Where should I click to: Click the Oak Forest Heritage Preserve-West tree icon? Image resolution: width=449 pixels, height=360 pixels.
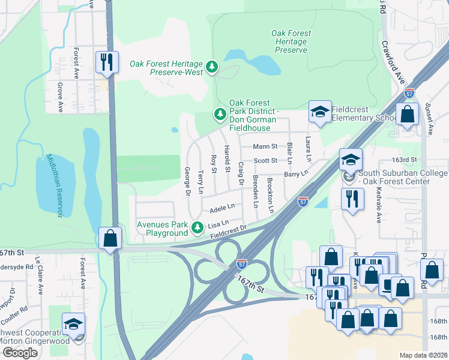(211, 67)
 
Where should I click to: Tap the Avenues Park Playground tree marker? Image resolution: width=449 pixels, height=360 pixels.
(197, 227)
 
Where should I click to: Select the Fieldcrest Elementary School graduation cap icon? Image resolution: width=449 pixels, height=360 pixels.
(320, 111)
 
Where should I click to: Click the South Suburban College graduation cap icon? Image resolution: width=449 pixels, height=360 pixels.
(351, 160)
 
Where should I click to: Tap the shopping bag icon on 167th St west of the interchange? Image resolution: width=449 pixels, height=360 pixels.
(110, 238)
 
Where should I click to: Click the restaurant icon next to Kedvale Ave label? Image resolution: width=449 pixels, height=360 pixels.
(352, 198)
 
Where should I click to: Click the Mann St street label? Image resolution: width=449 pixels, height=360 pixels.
(265, 146)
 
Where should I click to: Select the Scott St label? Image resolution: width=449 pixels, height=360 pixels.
(265, 160)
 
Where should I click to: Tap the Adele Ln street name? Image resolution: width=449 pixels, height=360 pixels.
(221, 209)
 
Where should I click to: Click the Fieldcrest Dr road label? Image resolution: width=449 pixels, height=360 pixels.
(229, 231)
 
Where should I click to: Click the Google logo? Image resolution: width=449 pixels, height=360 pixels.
(20, 353)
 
